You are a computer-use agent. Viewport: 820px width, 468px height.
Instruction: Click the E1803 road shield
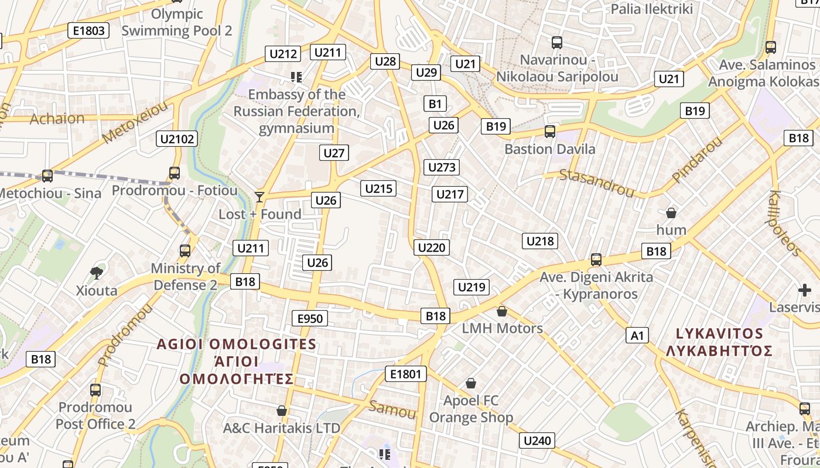(x=88, y=30)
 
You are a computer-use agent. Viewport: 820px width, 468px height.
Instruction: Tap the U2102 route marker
(x=177, y=139)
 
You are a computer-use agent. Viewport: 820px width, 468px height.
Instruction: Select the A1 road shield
(x=637, y=335)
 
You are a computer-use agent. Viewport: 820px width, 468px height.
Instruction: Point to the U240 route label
(x=537, y=441)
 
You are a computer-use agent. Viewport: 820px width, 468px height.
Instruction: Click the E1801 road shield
(x=406, y=373)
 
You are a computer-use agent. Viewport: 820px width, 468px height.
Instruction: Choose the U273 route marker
(x=442, y=167)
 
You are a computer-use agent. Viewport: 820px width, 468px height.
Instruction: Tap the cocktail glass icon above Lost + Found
(x=259, y=197)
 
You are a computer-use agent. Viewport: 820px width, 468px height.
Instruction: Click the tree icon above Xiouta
(x=97, y=273)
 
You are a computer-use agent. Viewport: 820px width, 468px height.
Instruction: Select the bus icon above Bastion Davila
(x=549, y=132)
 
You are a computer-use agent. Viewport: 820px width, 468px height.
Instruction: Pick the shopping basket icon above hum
(x=671, y=212)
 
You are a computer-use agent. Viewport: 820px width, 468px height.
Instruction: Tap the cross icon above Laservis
(x=805, y=290)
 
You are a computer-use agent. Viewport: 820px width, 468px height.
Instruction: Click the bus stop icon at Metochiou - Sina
(x=47, y=175)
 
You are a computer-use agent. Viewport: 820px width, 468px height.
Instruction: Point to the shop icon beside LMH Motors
(x=502, y=311)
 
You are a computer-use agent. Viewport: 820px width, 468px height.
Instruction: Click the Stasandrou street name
(x=597, y=183)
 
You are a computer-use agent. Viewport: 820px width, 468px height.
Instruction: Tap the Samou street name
(x=392, y=409)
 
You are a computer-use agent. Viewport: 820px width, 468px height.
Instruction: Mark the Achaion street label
(x=57, y=118)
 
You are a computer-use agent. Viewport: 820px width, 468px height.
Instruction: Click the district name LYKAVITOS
(x=720, y=333)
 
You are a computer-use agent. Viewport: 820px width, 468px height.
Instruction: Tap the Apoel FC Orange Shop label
(x=471, y=409)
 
